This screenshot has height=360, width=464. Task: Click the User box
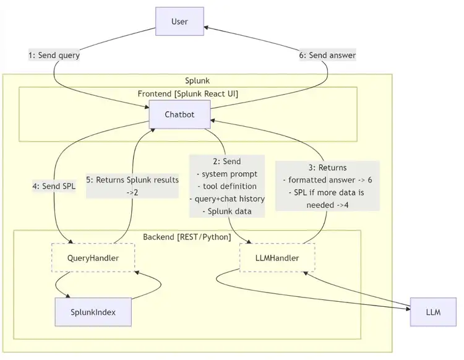point(179,22)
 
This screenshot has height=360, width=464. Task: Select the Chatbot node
point(179,114)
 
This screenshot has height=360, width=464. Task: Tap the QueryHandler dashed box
point(93,257)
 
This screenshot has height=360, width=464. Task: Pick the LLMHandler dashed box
point(277,257)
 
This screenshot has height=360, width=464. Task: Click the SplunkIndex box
point(93,312)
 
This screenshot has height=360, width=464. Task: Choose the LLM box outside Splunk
point(432,312)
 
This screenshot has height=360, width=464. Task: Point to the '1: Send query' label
point(54,55)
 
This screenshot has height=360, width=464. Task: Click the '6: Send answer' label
point(327,55)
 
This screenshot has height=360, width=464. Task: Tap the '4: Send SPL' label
point(54,185)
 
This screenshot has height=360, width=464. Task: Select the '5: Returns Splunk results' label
point(132,180)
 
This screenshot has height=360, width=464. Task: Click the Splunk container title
point(197,81)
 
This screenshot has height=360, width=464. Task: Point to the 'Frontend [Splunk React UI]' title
point(188,93)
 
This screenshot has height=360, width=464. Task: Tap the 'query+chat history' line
point(226,199)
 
